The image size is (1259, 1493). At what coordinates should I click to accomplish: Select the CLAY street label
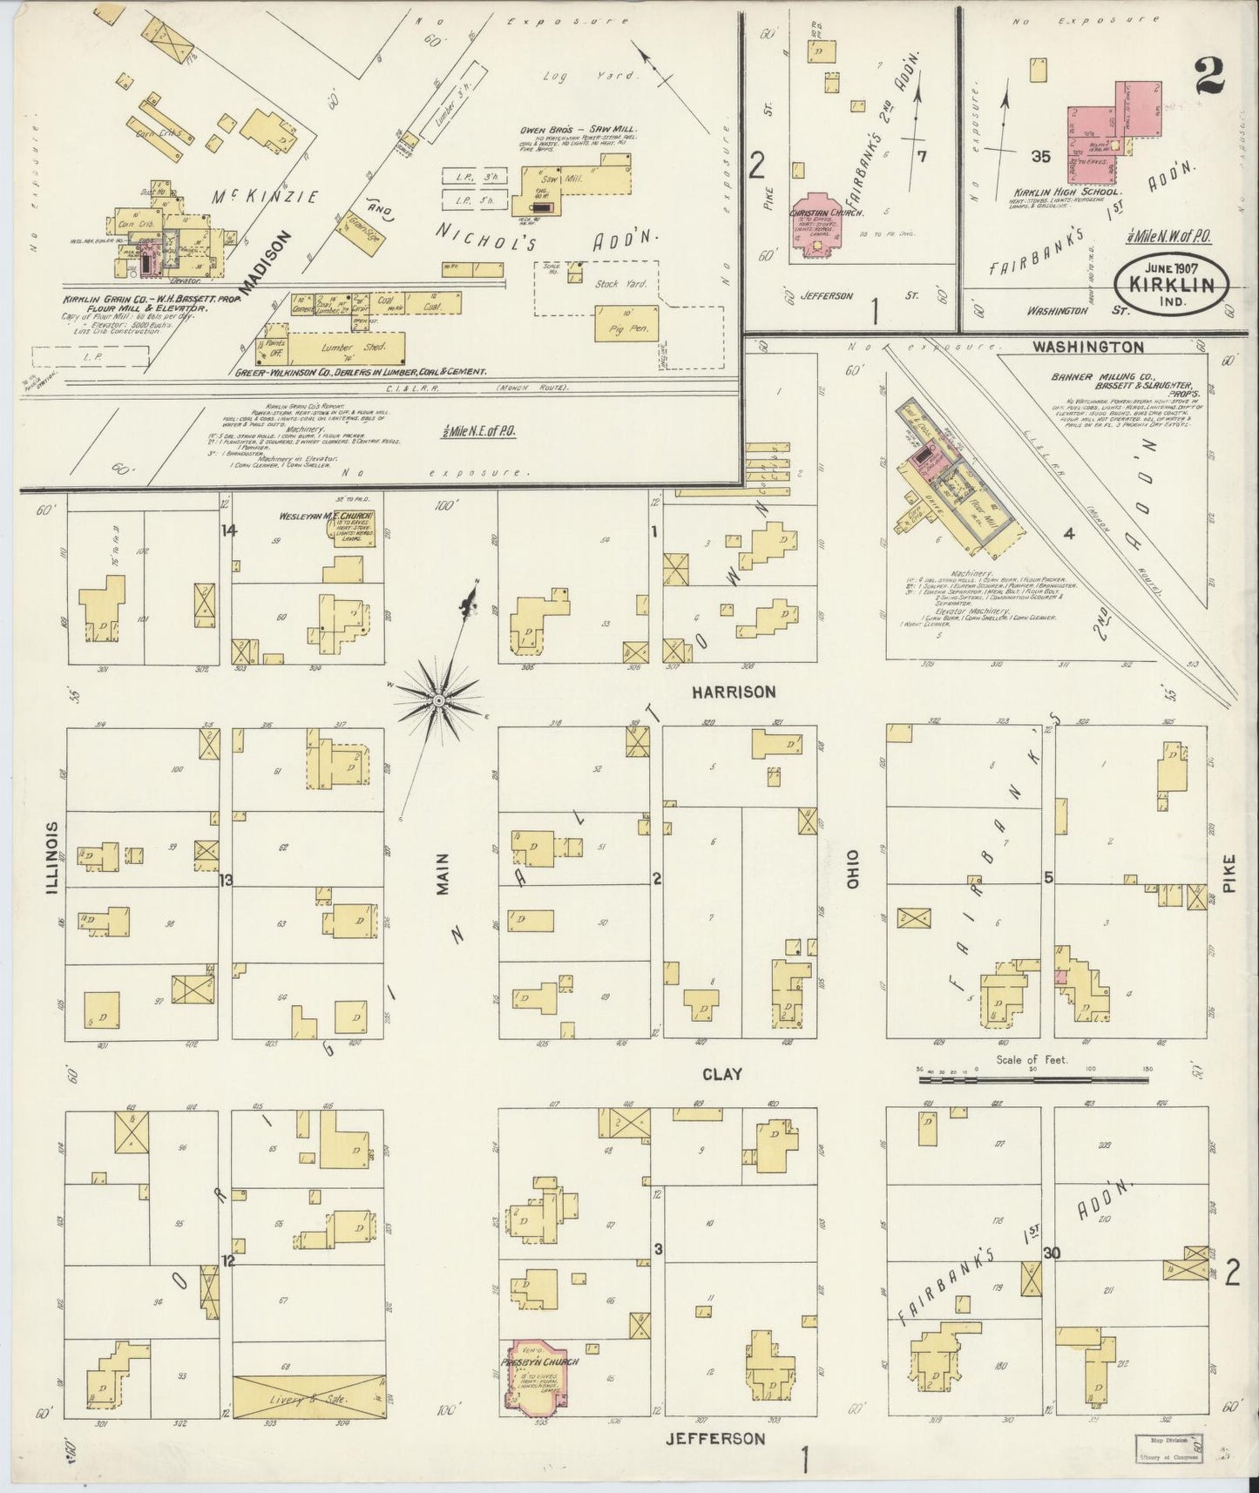click(722, 1074)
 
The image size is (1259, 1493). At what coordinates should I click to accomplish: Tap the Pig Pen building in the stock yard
click(626, 322)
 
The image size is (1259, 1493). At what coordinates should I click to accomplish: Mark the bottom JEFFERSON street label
click(715, 1439)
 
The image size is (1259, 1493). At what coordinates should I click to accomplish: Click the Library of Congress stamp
click(1168, 1448)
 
